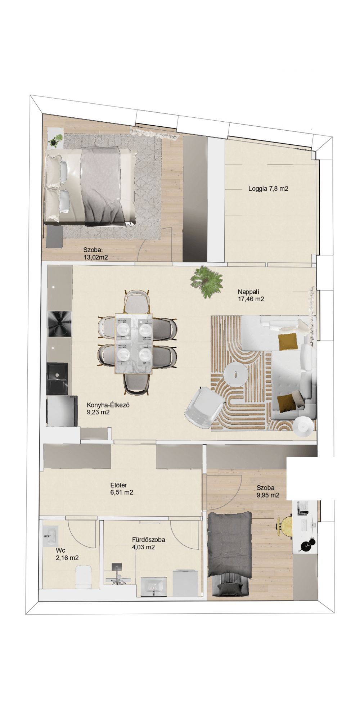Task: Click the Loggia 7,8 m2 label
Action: click(268, 189)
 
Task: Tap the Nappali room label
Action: click(248, 292)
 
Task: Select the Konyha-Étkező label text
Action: click(108, 405)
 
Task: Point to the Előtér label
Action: click(118, 485)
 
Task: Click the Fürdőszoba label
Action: click(149, 540)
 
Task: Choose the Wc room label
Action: click(60, 550)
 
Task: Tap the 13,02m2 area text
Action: click(96, 257)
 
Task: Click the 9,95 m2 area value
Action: click(268, 495)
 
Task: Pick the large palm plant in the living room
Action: click(207, 281)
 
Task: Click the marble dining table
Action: click(134, 344)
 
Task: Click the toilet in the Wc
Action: click(84, 576)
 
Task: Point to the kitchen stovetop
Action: click(60, 324)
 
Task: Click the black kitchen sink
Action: click(58, 379)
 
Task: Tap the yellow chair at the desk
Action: click(285, 527)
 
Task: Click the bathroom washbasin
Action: click(154, 587)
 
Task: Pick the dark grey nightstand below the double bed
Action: click(54, 237)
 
